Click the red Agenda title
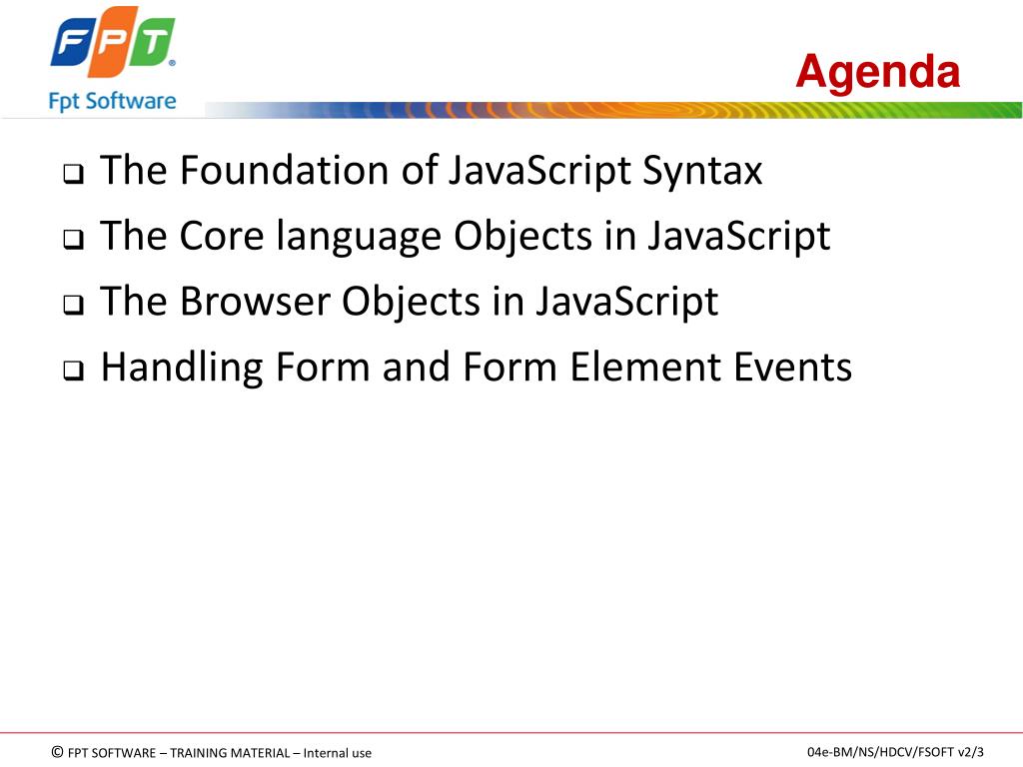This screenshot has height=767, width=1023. [877, 73]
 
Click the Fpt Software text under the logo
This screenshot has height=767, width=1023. [112, 102]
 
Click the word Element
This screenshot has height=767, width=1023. [646, 367]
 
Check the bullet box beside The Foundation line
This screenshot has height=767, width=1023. [73, 174]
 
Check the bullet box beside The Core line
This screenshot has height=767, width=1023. [73, 240]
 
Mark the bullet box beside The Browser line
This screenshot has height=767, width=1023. [73, 305]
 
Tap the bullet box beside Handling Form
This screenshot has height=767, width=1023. [73, 371]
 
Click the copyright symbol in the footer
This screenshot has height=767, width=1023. [57, 752]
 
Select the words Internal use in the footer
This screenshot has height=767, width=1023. [338, 753]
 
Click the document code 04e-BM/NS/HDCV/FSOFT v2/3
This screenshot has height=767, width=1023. [895, 752]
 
